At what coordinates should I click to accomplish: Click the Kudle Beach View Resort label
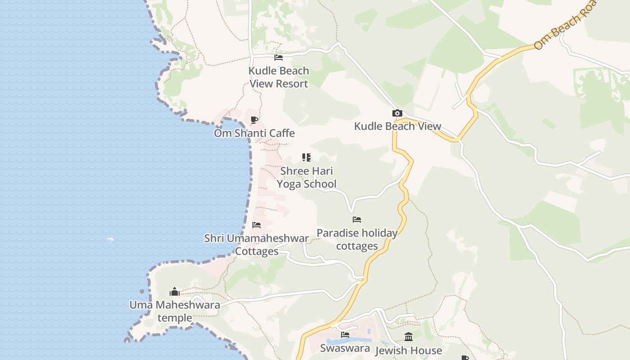tap(279, 77)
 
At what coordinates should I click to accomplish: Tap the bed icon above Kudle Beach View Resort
tap(279, 58)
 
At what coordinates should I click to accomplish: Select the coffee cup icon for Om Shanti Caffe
tap(254, 120)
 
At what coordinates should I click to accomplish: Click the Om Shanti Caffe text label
tap(254, 133)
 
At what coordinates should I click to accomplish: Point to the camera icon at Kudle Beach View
tap(397, 113)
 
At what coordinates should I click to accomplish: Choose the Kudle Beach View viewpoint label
tap(397, 126)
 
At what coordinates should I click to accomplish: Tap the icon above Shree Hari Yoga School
tap(306, 157)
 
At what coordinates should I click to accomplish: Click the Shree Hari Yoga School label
tap(306, 177)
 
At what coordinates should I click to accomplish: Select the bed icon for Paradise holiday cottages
tap(357, 220)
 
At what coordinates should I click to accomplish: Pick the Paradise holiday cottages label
tap(357, 239)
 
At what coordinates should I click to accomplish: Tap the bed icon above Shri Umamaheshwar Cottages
tap(256, 225)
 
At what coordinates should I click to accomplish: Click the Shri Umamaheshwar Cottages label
tap(256, 244)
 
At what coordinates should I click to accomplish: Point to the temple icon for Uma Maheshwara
tap(175, 292)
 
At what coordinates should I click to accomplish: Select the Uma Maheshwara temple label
tap(175, 311)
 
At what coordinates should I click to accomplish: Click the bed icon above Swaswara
tap(345, 335)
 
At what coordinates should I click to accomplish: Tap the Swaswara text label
tap(345, 348)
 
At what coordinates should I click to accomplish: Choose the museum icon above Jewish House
tap(409, 337)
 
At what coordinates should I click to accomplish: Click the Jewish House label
tap(409, 350)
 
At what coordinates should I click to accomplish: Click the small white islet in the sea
tap(111, 239)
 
